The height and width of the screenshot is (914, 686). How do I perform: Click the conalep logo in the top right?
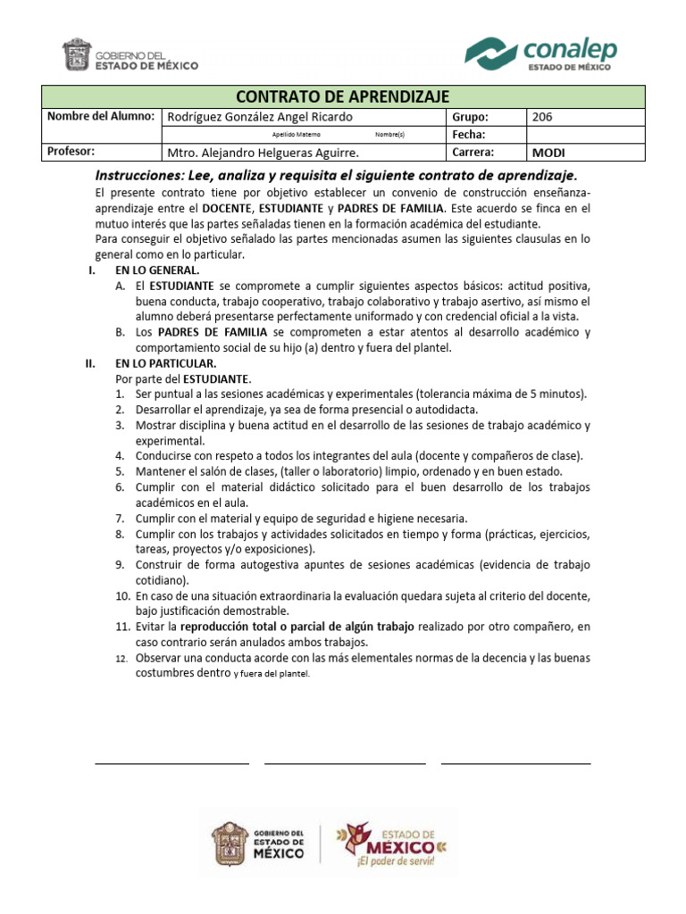pyautogui.click(x=541, y=53)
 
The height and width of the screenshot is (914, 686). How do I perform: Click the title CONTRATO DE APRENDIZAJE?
pyautogui.click(x=343, y=96)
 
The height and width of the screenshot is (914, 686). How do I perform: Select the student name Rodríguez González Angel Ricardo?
pyautogui.click(x=260, y=117)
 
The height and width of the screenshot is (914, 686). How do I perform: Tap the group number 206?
pyautogui.click(x=542, y=117)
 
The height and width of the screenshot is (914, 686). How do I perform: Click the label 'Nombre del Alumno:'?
pyautogui.click(x=100, y=117)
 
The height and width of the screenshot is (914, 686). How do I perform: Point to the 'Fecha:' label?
pyautogui.click(x=469, y=135)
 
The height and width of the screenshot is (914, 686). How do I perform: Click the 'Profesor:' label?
pyautogui.click(x=71, y=152)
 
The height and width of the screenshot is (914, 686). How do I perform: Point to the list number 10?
pyautogui.click(x=123, y=595)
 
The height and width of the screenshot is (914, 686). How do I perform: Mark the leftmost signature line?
pyautogui.click(x=171, y=763)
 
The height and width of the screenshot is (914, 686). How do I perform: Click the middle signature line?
pyautogui.click(x=344, y=763)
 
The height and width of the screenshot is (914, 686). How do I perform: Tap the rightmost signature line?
pyautogui.click(x=515, y=763)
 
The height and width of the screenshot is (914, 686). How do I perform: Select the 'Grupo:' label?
pyautogui.click(x=470, y=117)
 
